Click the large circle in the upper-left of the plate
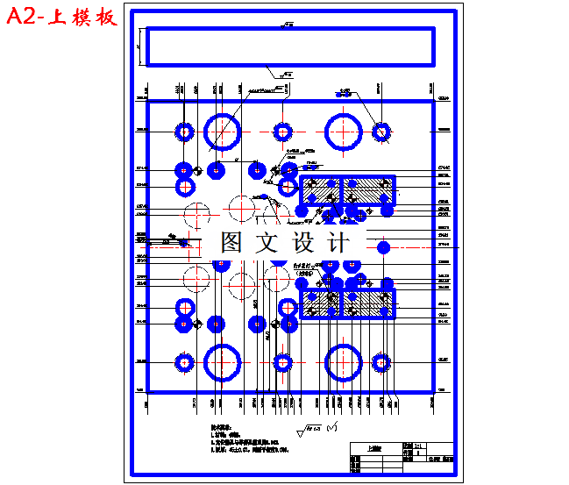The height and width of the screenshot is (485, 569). (223, 131)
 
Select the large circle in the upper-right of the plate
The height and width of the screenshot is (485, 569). (343, 131)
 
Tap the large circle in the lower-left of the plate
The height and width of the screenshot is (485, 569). (223, 361)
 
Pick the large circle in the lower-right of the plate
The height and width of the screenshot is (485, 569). (343, 361)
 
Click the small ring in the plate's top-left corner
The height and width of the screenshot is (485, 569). (184, 132)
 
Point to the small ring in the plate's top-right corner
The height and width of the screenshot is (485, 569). (381, 132)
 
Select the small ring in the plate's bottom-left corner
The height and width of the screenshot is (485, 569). (184, 361)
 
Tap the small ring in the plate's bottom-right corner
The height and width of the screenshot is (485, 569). (381, 361)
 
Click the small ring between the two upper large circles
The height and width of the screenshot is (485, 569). (282, 132)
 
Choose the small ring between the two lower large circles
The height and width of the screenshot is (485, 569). (282, 361)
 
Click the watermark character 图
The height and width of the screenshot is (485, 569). (231, 242)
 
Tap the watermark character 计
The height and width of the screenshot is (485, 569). (337, 242)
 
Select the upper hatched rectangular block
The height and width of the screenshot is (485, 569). (348, 190)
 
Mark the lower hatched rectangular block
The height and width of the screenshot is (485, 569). (348, 303)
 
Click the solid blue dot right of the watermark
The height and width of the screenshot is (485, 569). (383, 247)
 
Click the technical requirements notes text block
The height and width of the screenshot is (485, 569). (254, 440)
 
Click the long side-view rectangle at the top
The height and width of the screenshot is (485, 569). (289, 46)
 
